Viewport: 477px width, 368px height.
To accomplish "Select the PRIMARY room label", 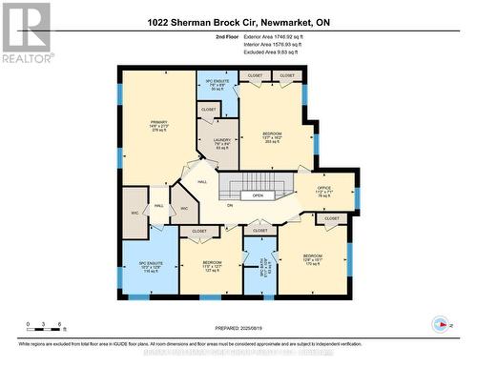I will point(157,125).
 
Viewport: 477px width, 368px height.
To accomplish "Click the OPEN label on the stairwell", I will point(258,195).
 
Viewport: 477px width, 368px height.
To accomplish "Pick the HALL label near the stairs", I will point(202,181).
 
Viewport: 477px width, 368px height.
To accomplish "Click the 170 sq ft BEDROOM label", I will point(312,259).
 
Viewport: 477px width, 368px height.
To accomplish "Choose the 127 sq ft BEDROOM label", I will point(212,266).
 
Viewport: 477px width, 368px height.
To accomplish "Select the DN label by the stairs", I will point(229,204).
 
